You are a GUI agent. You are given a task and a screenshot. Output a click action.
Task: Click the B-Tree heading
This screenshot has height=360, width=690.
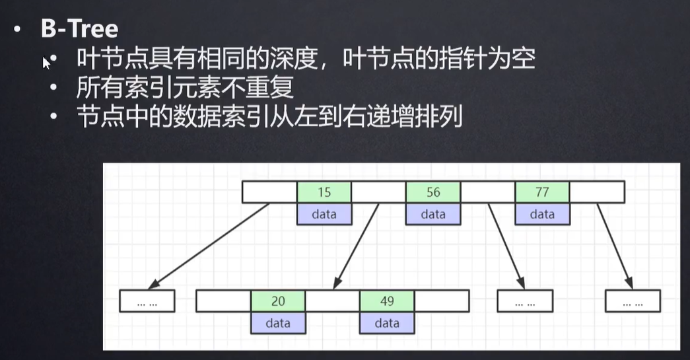point(79,29)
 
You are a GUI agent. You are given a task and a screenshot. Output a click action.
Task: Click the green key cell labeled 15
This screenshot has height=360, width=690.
point(324,192)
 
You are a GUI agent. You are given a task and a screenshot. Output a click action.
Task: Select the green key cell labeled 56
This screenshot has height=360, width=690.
point(433,192)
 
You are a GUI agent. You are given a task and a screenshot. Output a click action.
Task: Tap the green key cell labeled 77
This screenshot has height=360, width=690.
point(542,192)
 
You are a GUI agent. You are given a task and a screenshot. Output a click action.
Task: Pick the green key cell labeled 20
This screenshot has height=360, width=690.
point(278,301)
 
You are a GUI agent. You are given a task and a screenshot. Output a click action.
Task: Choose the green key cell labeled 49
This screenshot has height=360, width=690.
point(387,301)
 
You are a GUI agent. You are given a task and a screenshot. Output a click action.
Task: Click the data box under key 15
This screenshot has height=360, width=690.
point(324,214)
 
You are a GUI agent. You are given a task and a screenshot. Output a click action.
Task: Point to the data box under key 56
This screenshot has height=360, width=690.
point(433,214)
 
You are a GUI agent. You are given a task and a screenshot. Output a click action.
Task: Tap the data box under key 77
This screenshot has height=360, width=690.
point(542,214)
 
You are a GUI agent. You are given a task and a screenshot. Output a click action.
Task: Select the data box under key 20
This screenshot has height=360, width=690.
point(278,323)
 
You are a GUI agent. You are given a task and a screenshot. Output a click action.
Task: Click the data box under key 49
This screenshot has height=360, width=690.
point(387,323)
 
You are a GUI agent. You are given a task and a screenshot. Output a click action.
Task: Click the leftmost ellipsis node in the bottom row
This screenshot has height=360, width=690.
point(147,301)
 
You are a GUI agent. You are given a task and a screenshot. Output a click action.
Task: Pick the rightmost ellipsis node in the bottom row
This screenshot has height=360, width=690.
point(633,301)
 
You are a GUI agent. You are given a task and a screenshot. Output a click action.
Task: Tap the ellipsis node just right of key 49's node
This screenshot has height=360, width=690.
point(524,301)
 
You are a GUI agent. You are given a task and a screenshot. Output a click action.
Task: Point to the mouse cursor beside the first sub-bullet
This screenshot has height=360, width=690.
point(46,62)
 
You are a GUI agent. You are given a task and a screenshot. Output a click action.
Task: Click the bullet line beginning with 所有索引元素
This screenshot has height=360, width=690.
point(185,89)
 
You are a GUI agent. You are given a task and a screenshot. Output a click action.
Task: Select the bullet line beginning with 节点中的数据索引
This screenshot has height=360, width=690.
point(268,119)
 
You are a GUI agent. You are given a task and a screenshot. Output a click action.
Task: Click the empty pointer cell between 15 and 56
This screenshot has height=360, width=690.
point(378,192)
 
